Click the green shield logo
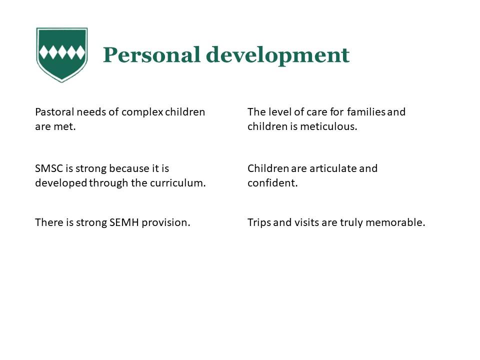point(62,54)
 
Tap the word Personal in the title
point(151,55)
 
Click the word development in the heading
point(278,55)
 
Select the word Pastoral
point(54,112)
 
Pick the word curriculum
point(177,183)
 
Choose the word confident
point(272,183)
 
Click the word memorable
point(395,222)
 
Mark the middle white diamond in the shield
point(62,52)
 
